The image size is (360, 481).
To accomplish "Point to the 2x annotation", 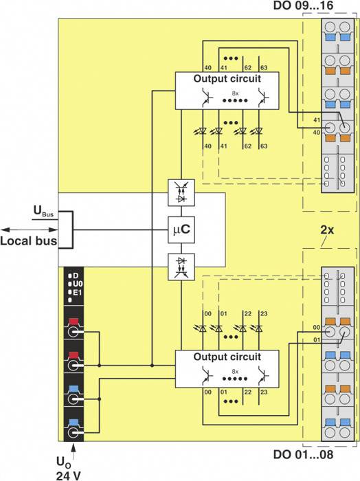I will point(327,231).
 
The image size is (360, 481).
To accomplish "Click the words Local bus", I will point(28,241).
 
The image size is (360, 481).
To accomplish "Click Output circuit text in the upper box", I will point(227,78).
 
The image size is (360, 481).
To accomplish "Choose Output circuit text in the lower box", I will point(227,357).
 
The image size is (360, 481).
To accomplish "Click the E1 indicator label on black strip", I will point(77,292).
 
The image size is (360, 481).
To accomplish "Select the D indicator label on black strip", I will point(76,276).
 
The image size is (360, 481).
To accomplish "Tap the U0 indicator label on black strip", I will point(77,284).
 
